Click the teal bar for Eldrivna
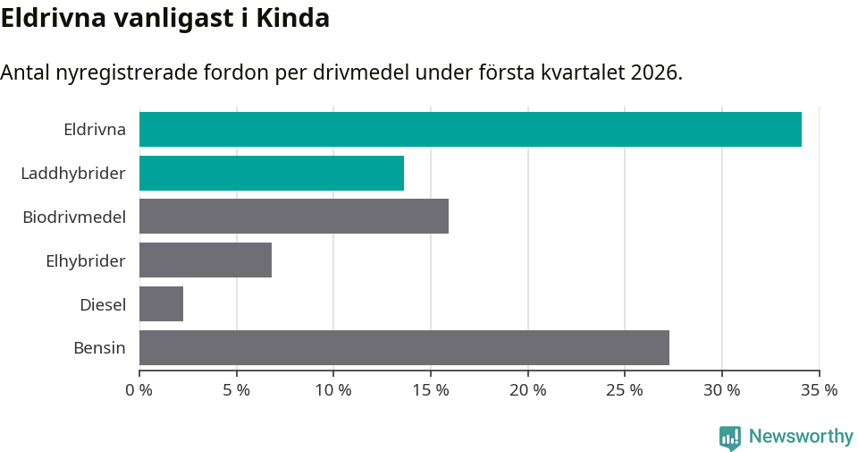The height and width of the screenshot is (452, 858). (x=470, y=129)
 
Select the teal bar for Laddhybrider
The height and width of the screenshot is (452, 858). (x=272, y=173)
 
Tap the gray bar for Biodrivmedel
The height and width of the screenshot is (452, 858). (x=294, y=217)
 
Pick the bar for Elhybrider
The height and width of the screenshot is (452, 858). (x=206, y=260)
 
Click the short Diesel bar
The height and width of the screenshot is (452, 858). (x=162, y=304)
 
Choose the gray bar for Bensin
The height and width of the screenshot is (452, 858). (x=404, y=347)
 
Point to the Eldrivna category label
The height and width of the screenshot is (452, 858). (x=95, y=129)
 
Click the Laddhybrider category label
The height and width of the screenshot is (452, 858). (x=73, y=173)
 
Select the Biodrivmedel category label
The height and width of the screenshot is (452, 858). (x=74, y=217)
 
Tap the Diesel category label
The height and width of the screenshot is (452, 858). (x=103, y=304)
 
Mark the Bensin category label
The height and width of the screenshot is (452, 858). (x=99, y=347)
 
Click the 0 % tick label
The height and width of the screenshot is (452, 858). (x=139, y=390)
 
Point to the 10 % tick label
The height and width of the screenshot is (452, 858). (x=333, y=390)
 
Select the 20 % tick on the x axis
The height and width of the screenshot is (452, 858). (x=528, y=390)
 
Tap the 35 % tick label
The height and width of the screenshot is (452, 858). (x=820, y=390)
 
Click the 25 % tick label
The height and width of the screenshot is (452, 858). (x=625, y=390)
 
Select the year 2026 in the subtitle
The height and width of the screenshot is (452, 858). (x=654, y=72)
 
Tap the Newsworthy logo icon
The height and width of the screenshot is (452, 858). (x=730, y=437)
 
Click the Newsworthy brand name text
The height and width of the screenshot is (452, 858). (x=801, y=437)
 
